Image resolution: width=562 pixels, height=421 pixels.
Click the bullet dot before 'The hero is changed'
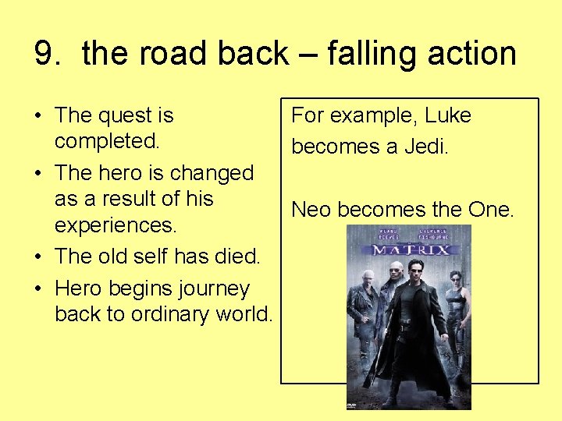tap(38, 173)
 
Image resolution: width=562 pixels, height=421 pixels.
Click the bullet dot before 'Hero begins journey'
tap(38, 288)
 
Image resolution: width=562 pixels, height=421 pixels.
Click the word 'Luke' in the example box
tap(449, 115)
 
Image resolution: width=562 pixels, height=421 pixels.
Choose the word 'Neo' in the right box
tap(310, 209)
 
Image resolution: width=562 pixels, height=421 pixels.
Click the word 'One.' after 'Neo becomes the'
tap(491, 209)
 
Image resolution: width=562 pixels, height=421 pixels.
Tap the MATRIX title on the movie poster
tap(410, 249)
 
